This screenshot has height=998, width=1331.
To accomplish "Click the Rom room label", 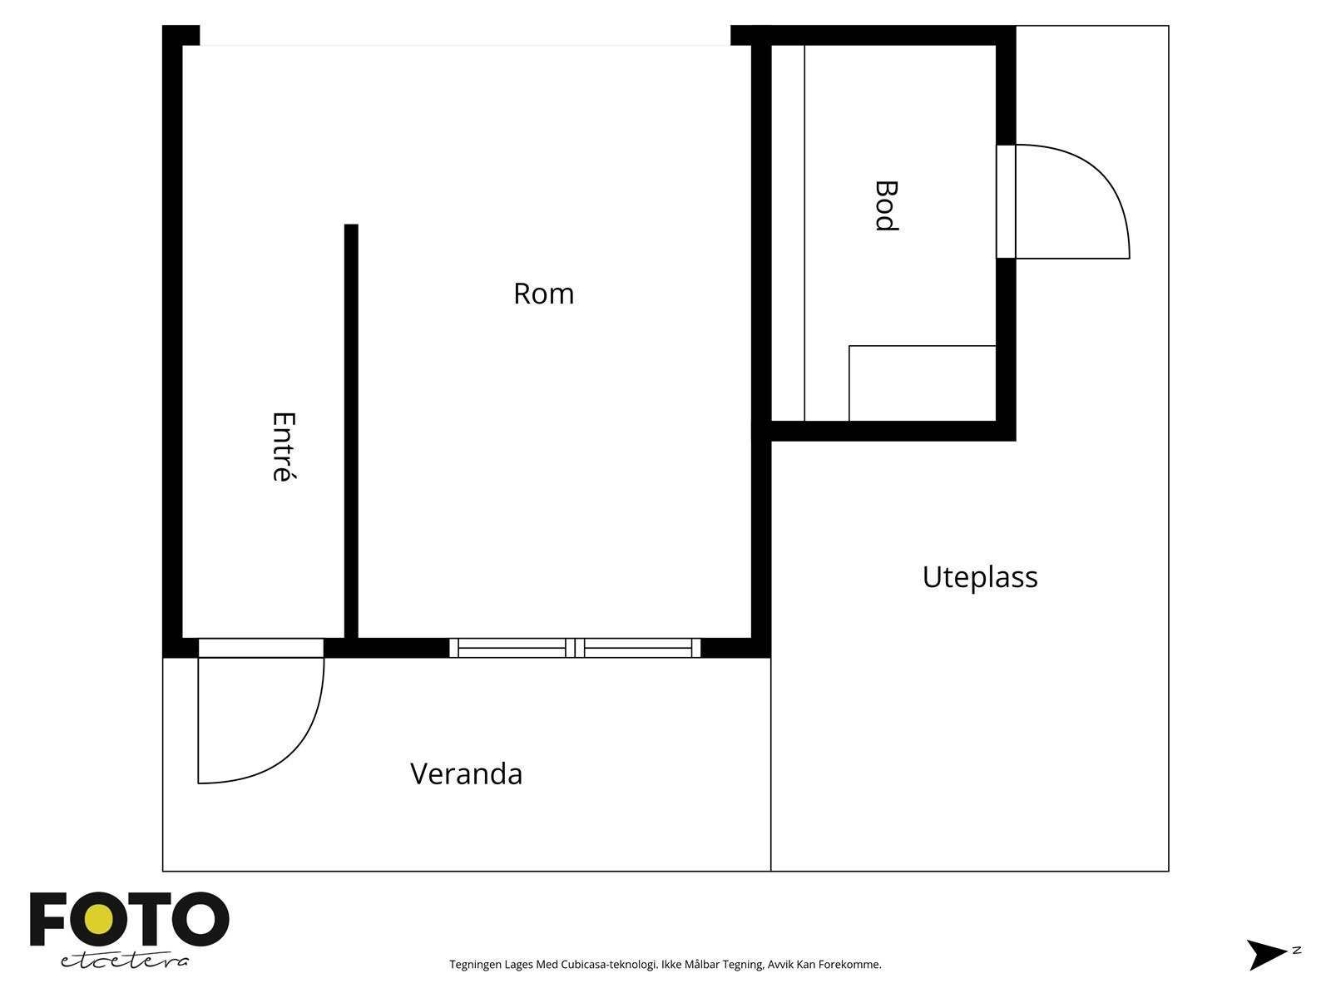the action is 543,294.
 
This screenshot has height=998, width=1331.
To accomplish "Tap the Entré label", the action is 284,447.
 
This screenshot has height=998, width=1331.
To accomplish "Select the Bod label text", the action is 886,206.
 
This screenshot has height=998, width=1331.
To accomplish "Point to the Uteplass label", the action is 980,577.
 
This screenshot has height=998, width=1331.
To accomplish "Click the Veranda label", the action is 467,774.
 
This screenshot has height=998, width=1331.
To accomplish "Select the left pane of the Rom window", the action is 511,648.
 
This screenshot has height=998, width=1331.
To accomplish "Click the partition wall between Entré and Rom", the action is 351,431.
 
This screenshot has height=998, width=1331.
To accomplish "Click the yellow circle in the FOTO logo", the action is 99,920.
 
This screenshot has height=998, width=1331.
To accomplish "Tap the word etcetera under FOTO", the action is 125,961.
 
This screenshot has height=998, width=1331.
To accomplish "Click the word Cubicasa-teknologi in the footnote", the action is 610,965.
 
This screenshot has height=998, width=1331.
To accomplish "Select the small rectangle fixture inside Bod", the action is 923,383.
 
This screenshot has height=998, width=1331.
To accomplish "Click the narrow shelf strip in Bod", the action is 788,233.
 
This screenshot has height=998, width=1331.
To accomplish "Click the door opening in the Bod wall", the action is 1006,201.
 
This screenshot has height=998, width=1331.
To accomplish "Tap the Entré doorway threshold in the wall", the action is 260,648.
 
